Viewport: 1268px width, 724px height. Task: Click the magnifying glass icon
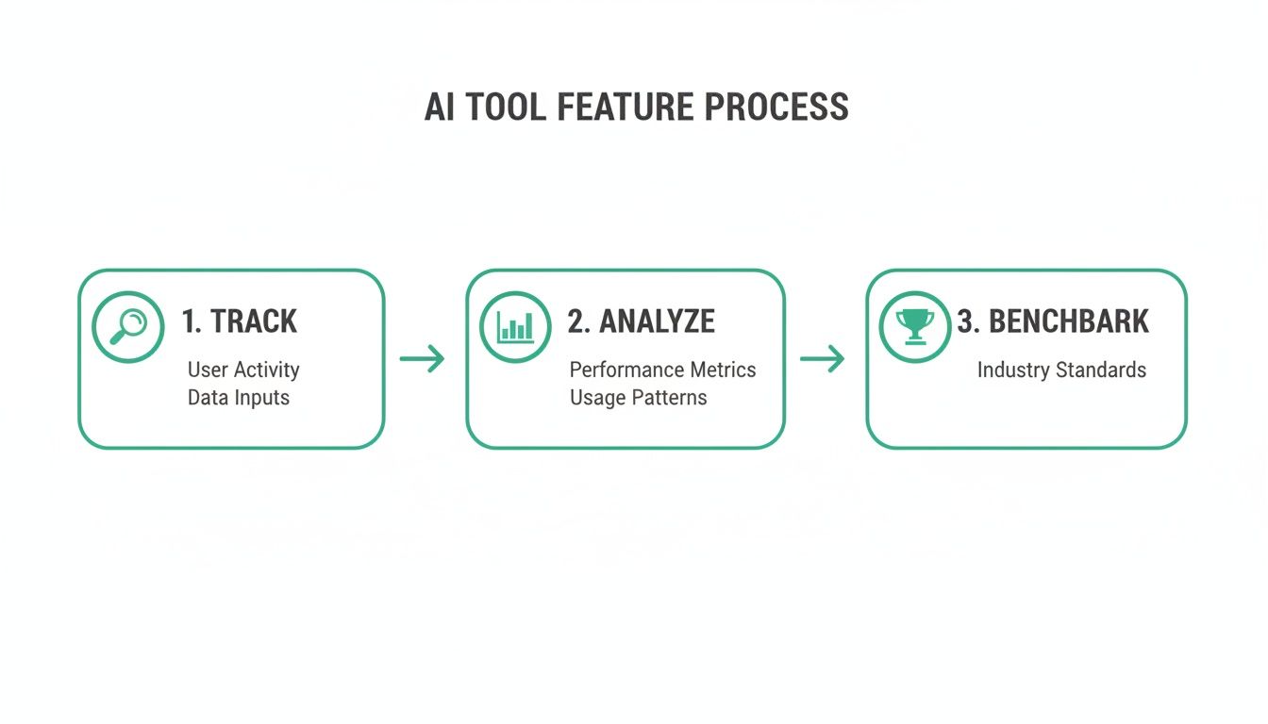(x=128, y=327)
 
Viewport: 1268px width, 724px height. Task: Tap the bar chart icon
(x=515, y=326)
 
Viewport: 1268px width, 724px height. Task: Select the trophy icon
(x=914, y=325)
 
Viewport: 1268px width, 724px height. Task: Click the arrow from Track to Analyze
(x=422, y=358)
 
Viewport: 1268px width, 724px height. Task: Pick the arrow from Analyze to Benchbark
(x=822, y=358)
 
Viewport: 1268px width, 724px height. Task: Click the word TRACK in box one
(x=254, y=321)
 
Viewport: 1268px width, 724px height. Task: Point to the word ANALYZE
(x=657, y=321)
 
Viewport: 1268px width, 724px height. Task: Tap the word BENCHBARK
(x=1069, y=321)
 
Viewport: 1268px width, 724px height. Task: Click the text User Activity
(x=243, y=370)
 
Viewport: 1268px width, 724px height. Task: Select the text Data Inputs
(x=239, y=398)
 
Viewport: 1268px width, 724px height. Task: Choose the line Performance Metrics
(x=662, y=370)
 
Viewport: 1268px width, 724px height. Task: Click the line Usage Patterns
(x=638, y=398)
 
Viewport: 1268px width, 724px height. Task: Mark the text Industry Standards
(x=1061, y=370)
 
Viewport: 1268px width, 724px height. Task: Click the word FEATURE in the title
(x=626, y=107)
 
